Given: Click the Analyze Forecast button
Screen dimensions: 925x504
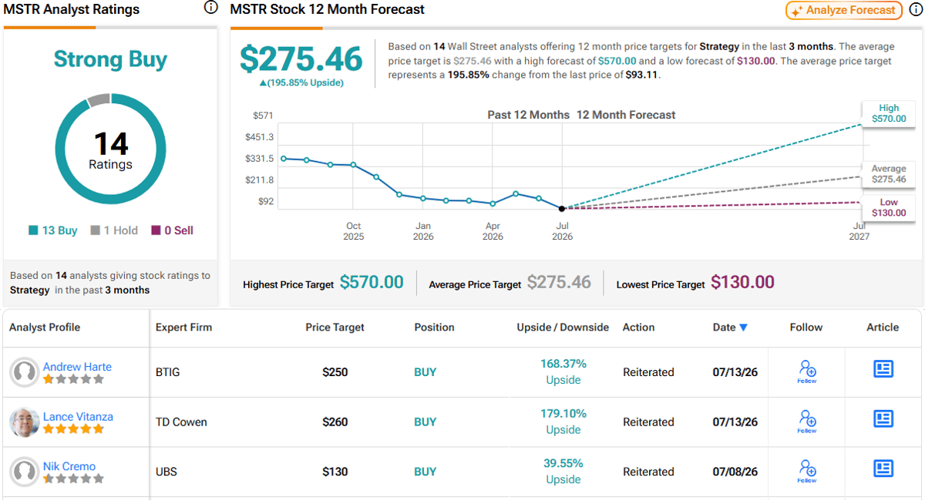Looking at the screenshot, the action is pyautogui.click(x=843, y=10).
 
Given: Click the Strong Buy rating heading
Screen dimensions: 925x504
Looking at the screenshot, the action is pyautogui.click(x=110, y=59).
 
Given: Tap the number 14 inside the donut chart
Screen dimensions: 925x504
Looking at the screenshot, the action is pyautogui.click(x=111, y=143).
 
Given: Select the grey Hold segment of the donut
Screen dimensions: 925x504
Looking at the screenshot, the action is pyautogui.click(x=99, y=100).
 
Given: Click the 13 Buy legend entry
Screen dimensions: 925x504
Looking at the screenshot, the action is pyautogui.click(x=53, y=230).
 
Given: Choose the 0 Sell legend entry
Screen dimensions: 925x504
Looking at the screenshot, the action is pyautogui.click(x=172, y=230).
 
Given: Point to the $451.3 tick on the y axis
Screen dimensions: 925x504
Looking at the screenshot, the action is pyautogui.click(x=259, y=137).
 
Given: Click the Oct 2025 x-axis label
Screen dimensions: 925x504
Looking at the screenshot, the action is pyautogui.click(x=354, y=231).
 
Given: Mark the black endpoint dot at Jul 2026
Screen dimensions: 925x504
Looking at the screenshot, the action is pyautogui.click(x=562, y=209).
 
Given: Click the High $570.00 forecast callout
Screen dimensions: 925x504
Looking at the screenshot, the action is pyautogui.click(x=889, y=113).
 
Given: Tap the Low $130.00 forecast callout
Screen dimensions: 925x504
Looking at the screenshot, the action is pyautogui.click(x=889, y=207).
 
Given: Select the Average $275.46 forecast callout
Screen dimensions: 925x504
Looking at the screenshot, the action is pyautogui.click(x=889, y=173).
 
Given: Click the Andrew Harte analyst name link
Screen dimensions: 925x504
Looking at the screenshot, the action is pyautogui.click(x=77, y=367).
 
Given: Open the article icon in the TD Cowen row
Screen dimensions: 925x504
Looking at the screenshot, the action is pyautogui.click(x=883, y=418).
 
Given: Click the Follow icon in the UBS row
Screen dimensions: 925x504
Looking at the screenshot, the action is pyautogui.click(x=807, y=471).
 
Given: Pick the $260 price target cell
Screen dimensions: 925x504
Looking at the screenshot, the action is pyautogui.click(x=335, y=422).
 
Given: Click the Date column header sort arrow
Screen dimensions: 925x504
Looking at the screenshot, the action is pyautogui.click(x=743, y=328).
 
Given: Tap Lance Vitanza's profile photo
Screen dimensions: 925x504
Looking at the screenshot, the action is pyautogui.click(x=25, y=422).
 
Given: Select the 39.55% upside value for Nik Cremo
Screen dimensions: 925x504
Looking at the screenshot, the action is pyautogui.click(x=563, y=463).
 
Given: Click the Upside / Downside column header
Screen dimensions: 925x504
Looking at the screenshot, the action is pyautogui.click(x=563, y=328).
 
